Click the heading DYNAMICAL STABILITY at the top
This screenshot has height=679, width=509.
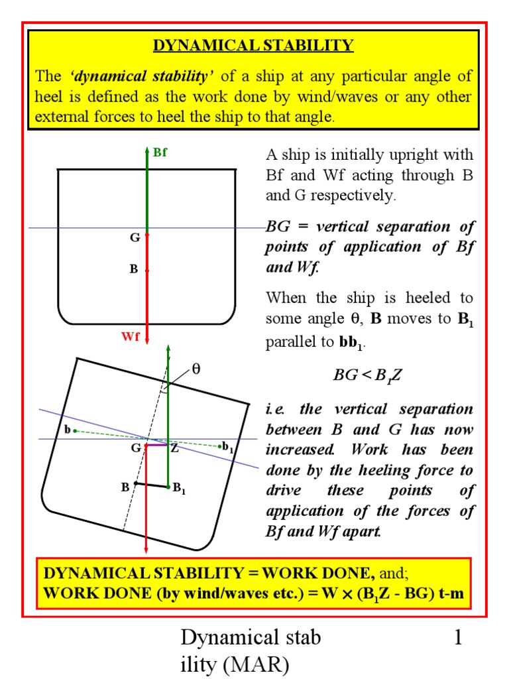click(x=254, y=46)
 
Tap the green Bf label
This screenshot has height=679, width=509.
click(x=160, y=153)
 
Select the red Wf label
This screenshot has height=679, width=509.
click(x=131, y=337)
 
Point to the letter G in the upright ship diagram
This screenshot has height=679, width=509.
click(x=134, y=237)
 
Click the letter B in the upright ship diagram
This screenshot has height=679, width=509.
click(x=134, y=271)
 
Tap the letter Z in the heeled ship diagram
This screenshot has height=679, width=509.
click(x=175, y=448)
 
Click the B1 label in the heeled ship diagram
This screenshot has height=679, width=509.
click(x=180, y=490)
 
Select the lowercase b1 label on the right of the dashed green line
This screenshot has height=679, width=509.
click(x=228, y=447)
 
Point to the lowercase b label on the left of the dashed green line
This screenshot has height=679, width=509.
click(x=67, y=430)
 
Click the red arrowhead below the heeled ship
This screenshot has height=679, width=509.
click(x=146, y=548)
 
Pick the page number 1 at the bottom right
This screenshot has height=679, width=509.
click(x=457, y=639)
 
